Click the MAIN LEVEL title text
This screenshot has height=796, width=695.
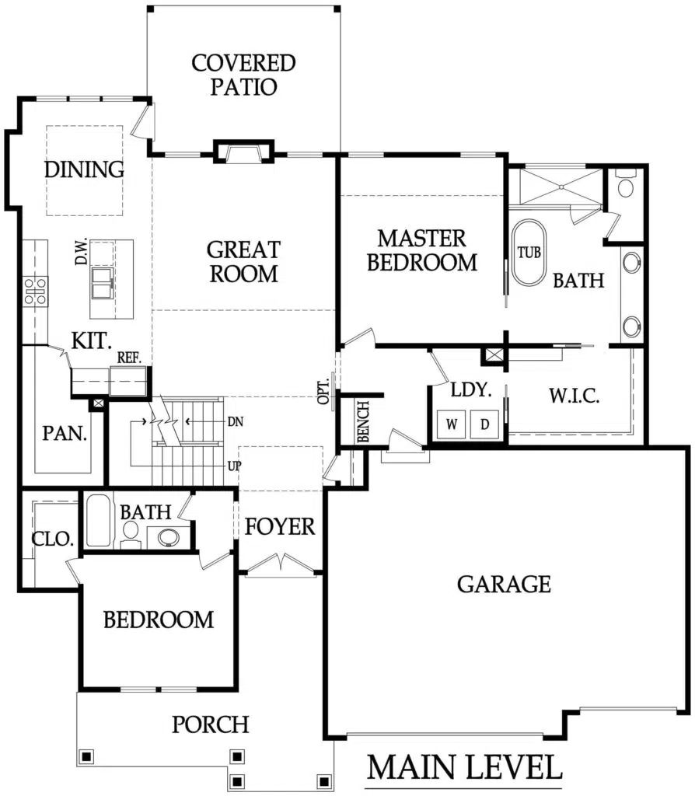click(464, 767)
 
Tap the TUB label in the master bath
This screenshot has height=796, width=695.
click(529, 253)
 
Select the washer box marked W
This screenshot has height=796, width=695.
click(452, 424)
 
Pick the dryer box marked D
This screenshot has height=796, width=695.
click(484, 424)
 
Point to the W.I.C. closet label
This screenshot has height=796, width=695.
click(575, 396)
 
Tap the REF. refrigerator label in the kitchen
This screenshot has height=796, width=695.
click(129, 358)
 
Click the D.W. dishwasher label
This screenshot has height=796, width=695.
click(81, 251)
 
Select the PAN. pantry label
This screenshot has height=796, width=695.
click(65, 434)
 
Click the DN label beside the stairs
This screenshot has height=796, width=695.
click(235, 422)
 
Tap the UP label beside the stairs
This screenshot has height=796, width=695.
click(235, 466)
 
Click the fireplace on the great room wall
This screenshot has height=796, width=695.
click(243, 151)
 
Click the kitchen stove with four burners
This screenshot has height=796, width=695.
click(36, 292)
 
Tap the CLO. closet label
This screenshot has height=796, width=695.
click(53, 539)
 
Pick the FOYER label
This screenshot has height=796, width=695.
click(280, 527)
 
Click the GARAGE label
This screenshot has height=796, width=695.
click(504, 585)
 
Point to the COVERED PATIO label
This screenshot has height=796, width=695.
click(243, 75)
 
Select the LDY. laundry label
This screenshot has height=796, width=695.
click(471, 390)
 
